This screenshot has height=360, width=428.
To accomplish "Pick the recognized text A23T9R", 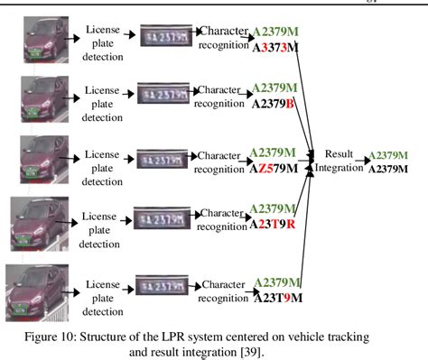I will (282, 226).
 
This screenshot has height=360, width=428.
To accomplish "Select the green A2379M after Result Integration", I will (387, 155).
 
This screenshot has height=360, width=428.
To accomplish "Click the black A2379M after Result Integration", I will (387, 169).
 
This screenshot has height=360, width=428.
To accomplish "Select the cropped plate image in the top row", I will (166, 37).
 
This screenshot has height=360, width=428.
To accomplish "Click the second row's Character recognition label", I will (223, 97).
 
